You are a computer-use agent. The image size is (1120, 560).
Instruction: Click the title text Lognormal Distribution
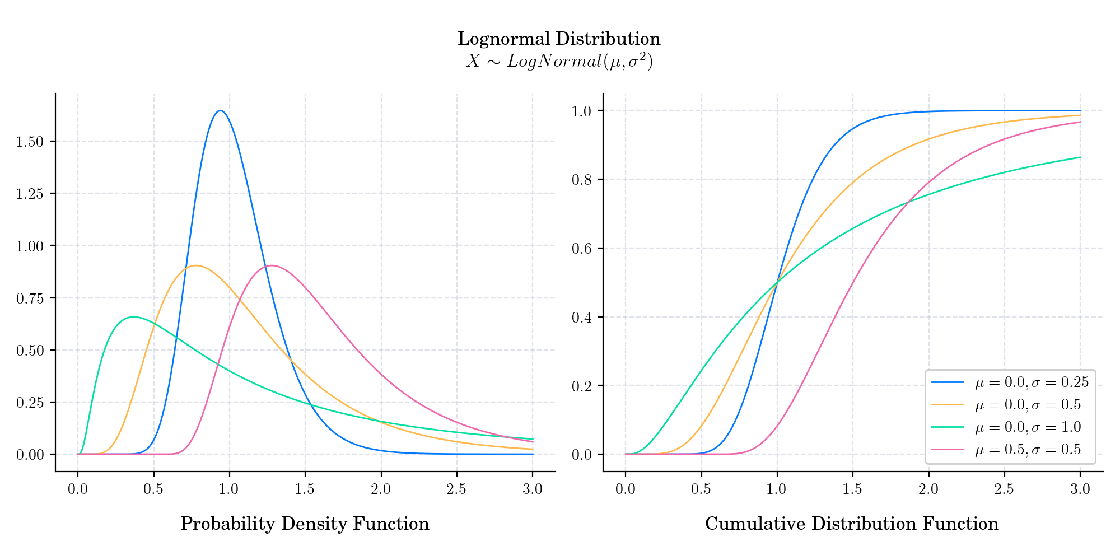559,39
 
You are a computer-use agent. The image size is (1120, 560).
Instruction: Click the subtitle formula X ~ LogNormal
559,61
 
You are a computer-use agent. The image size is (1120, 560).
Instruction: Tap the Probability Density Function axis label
305,524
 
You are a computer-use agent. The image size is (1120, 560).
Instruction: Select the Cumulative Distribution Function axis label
852,524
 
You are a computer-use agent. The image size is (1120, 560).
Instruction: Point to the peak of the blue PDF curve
221,111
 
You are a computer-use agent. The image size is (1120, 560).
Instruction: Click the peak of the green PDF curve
133,317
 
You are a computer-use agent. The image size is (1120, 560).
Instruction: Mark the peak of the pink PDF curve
272,265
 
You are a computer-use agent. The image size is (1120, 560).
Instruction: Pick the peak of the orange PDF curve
195,265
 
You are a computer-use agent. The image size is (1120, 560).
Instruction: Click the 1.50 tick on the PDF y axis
29,142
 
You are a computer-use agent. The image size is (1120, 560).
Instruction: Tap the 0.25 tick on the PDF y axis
29,403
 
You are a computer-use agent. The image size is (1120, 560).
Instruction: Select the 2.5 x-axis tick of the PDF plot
456,489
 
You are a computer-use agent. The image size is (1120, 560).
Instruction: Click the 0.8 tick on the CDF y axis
581,180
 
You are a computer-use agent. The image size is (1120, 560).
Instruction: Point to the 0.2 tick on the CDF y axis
581,386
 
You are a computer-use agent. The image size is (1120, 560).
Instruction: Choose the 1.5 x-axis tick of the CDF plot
852,489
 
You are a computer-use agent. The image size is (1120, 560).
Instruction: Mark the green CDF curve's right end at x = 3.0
1080,157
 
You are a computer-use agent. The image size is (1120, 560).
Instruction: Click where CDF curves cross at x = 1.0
777,282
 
